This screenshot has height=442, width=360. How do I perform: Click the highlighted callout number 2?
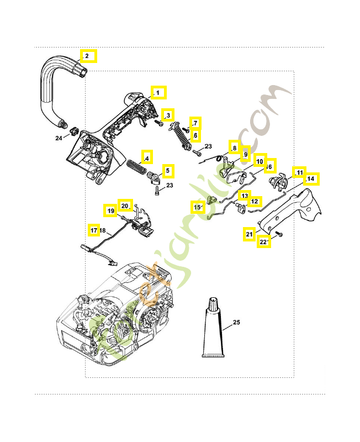click(87, 56)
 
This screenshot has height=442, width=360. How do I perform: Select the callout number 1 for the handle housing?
click(158, 92)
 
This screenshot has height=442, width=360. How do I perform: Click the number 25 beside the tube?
click(236, 322)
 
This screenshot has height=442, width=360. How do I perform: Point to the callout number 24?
click(59, 138)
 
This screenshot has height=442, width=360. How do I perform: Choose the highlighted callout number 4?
click(146, 159)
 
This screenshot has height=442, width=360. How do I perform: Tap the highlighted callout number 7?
click(195, 123)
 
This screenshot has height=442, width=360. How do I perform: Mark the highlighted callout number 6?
click(195, 135)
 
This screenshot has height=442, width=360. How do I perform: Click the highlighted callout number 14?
click(311, 179)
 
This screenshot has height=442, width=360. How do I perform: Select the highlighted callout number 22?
click(264, 242)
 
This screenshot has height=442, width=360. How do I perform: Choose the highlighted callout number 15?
click(198, 207)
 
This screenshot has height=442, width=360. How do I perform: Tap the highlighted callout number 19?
click(110, 211)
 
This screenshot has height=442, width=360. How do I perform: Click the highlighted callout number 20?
click(125, 206)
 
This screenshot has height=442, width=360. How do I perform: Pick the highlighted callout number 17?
click(94, 229)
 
